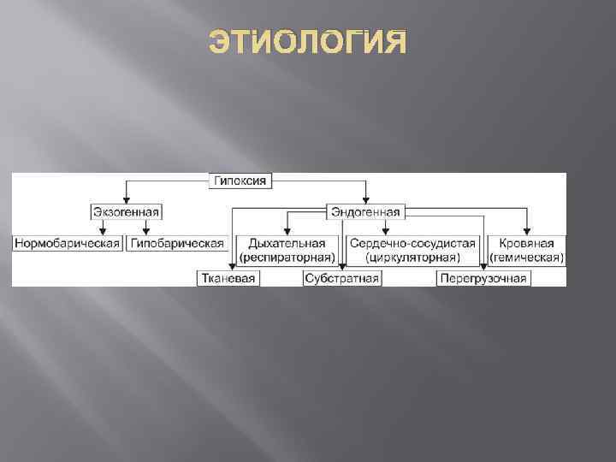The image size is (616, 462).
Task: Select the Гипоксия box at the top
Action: [241, 181]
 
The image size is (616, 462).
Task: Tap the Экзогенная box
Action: [127, 211]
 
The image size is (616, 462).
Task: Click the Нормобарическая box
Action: [67, 244]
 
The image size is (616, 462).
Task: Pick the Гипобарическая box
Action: [176, 244]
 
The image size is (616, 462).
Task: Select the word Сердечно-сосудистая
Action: [412, 243]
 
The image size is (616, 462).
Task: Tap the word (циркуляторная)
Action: [412, 256]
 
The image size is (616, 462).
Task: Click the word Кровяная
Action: [526, 243]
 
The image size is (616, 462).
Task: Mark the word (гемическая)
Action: [526, 256]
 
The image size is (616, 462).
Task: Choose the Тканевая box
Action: [228, 279]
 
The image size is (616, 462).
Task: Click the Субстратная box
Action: [342, 279]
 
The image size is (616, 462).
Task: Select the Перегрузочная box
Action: [483, 279]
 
